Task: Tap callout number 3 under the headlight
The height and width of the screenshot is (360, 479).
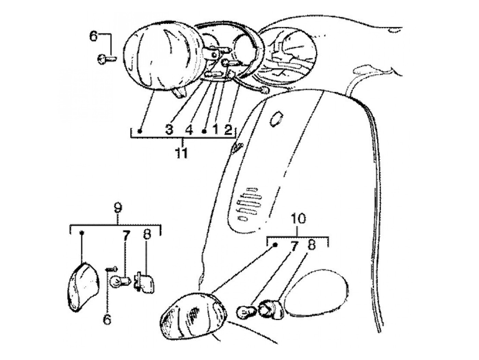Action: (169, 130)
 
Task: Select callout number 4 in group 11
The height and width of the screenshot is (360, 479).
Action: (189, 130)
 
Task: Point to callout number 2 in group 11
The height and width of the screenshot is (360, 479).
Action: (228, 130)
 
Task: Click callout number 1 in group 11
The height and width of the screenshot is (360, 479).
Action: (215, 130)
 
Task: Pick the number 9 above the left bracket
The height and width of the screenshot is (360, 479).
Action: (117, 208)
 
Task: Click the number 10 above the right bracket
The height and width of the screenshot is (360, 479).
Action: (298, 219)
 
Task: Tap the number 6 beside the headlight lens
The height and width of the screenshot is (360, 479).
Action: (94, 36)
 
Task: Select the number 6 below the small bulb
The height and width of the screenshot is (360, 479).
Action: (107, 320)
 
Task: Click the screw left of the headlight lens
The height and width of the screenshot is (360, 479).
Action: (104, 60)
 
